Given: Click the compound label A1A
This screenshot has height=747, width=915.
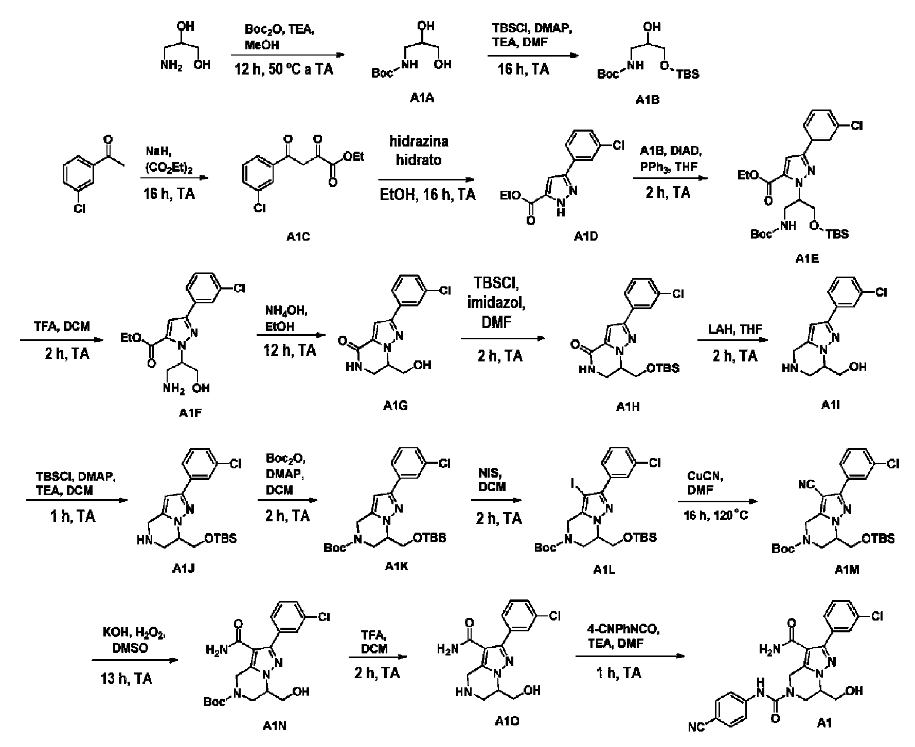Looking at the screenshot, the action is pos(422,98).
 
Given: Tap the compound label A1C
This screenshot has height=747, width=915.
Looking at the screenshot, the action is pos(298,236).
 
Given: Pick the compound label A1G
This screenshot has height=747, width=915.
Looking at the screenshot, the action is pos(396,406).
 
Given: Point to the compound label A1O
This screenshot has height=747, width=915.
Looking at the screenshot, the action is pos(506,721).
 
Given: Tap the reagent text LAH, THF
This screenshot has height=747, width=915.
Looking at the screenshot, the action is pos(729,330).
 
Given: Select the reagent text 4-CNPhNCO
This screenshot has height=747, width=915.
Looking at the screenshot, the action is pos(614,629).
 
